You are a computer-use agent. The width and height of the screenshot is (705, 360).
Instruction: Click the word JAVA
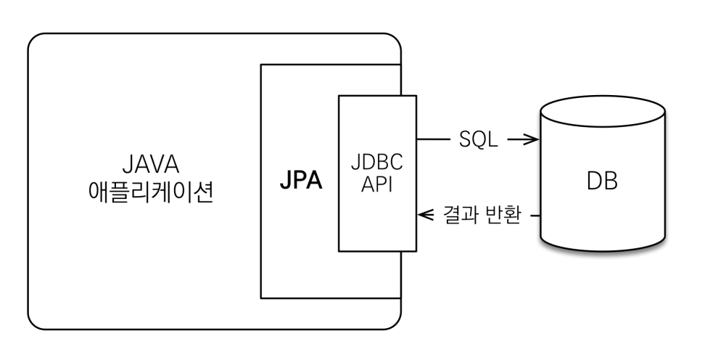tap(150, 163)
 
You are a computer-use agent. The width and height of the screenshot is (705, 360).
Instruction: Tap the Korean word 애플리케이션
tap(150, 193)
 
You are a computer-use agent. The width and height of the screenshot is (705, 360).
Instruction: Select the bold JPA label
tap(301, 180)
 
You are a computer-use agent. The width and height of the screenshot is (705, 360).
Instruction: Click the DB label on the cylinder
tap(601, 181)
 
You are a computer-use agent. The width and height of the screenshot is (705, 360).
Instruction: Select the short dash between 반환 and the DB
tap(534, 216)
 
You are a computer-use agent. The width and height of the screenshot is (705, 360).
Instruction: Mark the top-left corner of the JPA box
tap(261, 65)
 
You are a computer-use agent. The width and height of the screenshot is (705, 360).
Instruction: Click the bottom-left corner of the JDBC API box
tap(339, 250)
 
